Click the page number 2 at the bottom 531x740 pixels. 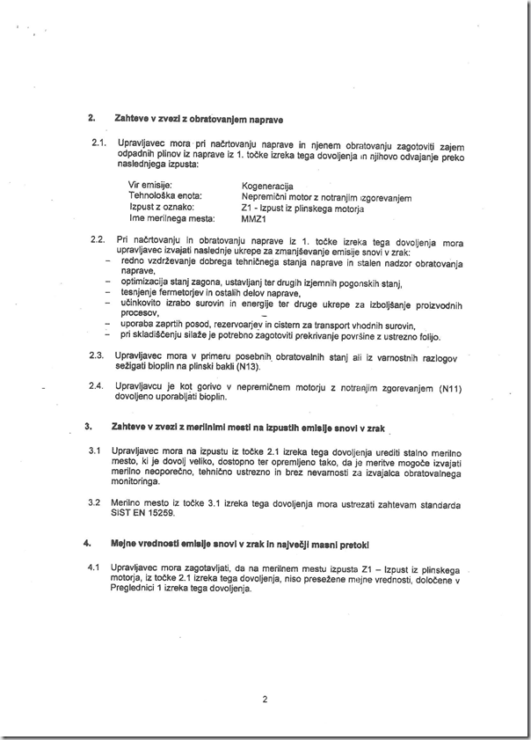point(264,700)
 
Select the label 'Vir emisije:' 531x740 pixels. point(150,186)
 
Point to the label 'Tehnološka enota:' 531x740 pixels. point(166,196)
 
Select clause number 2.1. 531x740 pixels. point(98,143)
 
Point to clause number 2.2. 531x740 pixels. point(98,239)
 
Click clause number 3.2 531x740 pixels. point(94,504)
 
